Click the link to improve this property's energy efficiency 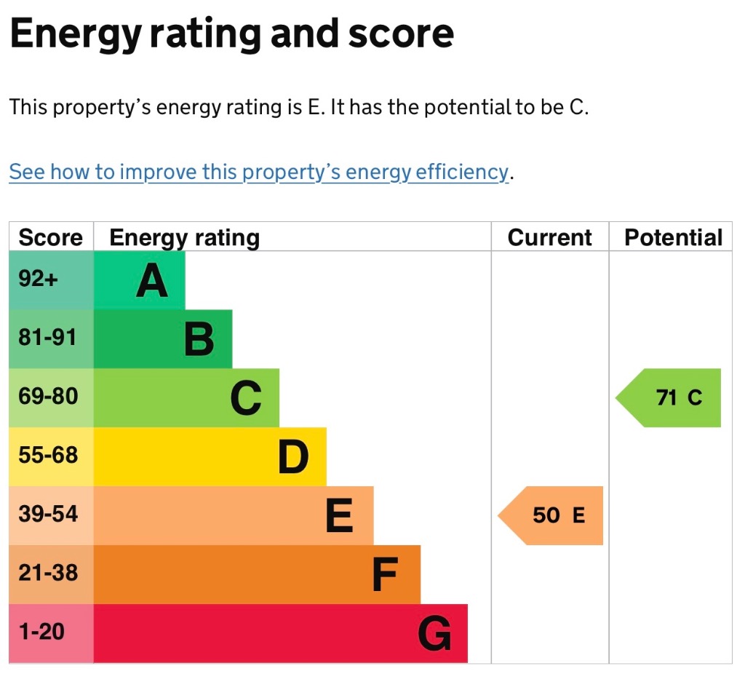pos(258,173)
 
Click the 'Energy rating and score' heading pos(231,34)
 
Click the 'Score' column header pos(50,238)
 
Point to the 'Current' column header pos(549,238)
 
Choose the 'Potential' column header pos(673,238)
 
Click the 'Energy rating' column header pos(184,238)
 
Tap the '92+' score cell pos(38,279)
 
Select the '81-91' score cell pos(47,338)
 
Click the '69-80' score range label pos(47,397)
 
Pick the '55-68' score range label pos(47,456)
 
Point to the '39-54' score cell pos(47,514)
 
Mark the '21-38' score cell pos(47,573)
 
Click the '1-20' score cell pos(41,632)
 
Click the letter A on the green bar pos(151,281)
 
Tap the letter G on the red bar pos(434,633)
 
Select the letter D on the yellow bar pos(293,457)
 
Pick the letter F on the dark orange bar pos(385,575)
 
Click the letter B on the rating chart pos(199,339)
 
